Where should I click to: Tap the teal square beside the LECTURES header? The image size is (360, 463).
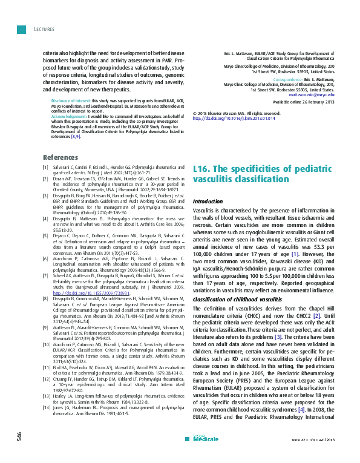click(x=21, y=28)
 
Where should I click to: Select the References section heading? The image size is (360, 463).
click(x=61, y=157)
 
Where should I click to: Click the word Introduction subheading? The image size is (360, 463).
click(x=207, y=200)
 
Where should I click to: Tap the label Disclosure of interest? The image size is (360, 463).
click(x=70, y=99)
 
